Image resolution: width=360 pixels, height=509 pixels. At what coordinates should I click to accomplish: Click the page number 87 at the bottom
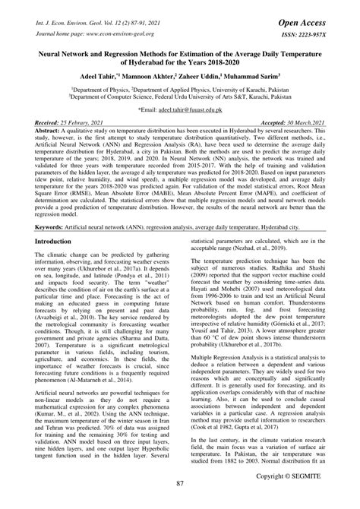(180, 483)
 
